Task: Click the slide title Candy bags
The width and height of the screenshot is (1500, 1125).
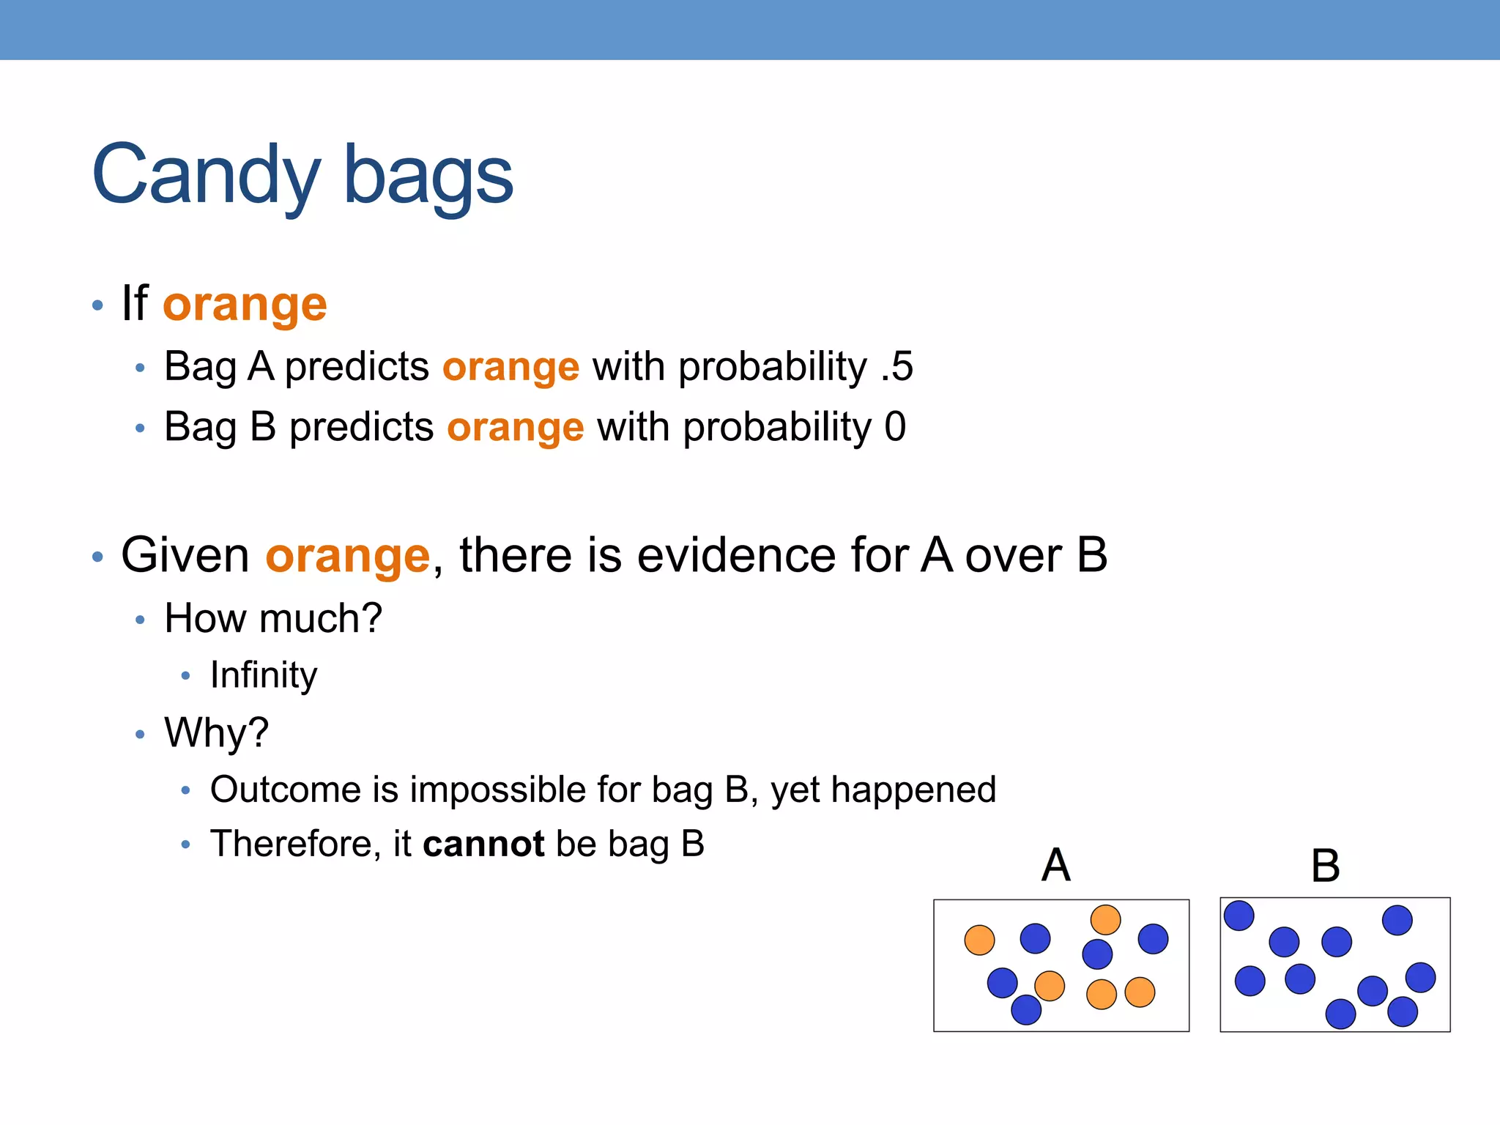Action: (x=302, y=176)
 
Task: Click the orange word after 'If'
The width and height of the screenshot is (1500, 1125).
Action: (x=245, y=304)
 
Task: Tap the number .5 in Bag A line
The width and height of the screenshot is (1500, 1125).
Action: (x=897, y=366)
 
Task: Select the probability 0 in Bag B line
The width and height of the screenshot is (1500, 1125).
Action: (x=895, y=426)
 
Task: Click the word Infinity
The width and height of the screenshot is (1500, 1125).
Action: (x=264, y=675)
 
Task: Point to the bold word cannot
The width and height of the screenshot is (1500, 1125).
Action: (x=483, y=844)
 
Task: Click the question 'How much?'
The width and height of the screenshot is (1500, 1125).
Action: (x=273, y=618)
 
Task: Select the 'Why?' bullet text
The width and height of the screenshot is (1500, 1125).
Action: (x=217, y=732)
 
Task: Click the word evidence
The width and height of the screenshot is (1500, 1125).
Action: (x=736, y=555)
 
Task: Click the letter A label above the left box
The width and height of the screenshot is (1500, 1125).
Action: (x=1055, y=865)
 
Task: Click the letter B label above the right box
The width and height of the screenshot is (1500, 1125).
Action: (x=1325, y=866)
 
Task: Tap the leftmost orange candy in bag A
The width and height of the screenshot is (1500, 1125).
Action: (x=979, y=940)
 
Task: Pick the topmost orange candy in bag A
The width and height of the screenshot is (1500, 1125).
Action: (x=1105, y=920)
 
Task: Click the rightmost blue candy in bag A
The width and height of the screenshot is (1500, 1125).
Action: (x=1153, y=939)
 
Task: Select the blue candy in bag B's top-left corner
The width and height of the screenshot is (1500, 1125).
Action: (x=1239, y=916)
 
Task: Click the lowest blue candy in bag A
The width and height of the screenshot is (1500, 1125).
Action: (x=1025, y=1010)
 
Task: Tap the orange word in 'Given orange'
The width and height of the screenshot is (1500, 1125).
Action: (x=347, y=555)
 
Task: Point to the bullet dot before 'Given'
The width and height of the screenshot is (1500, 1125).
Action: (x=98, y=557)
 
